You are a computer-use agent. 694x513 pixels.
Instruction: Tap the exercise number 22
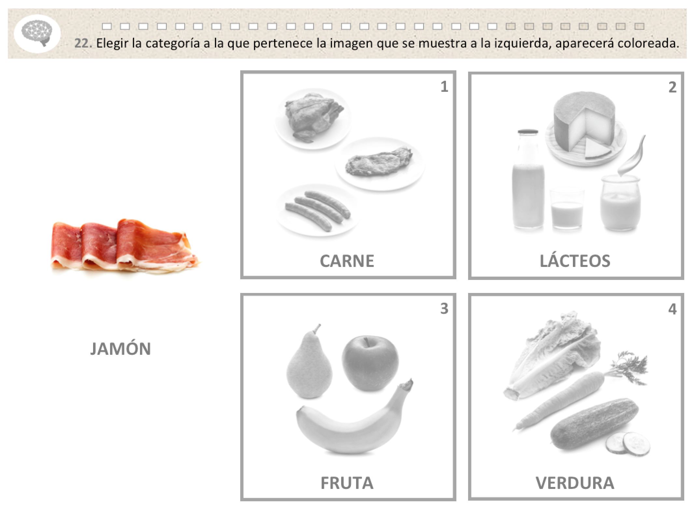83,43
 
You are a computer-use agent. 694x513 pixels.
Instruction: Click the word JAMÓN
120,348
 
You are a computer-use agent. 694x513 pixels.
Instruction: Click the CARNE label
347,261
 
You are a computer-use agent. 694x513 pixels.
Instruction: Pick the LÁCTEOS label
575,260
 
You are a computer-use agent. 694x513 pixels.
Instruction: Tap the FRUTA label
347,483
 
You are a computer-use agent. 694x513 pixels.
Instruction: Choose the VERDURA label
575,483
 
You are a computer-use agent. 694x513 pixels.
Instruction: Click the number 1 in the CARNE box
444,87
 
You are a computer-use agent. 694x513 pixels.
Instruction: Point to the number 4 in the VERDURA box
672,309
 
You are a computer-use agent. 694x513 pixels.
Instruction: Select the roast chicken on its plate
313,119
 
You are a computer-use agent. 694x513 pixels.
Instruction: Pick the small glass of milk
567,209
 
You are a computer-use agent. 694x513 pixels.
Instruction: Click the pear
309,362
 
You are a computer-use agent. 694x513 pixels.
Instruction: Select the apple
370,364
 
